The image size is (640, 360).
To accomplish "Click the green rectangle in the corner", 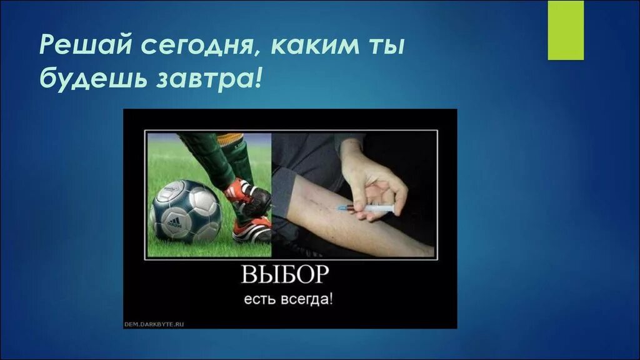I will click(565, 30).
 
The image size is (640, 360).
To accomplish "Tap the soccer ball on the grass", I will click(186, 211).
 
